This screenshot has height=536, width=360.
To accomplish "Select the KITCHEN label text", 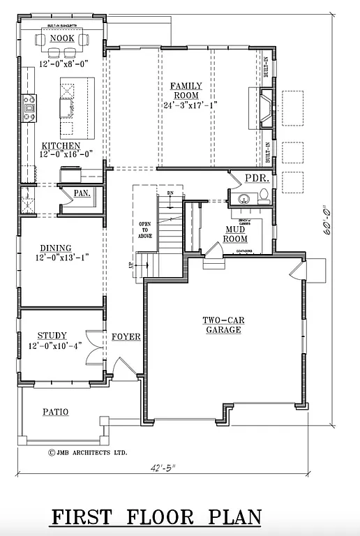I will click(61, 146).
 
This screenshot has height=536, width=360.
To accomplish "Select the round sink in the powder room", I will click(245, 199).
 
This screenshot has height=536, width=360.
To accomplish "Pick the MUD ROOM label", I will click(236, 234).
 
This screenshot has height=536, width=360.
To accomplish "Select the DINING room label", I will click(55, 248).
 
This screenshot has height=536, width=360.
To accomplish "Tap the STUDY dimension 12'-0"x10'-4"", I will click(55, 345).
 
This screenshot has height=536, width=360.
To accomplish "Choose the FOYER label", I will click(126, 337).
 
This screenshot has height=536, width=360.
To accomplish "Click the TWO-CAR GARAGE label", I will click(223, 325).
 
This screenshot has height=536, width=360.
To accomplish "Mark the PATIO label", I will click(55, 412).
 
